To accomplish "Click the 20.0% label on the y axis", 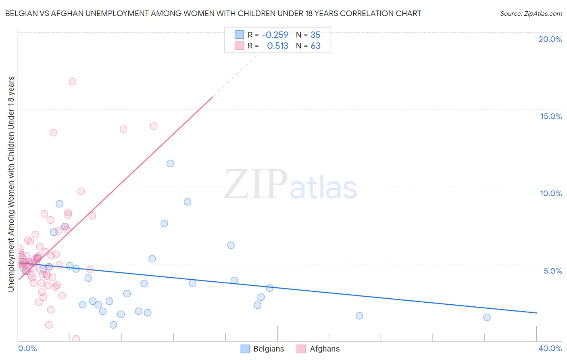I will (550, 39).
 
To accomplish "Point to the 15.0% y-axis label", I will (551, 116).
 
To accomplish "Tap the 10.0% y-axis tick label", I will (551, 193).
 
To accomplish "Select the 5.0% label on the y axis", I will (552, 271).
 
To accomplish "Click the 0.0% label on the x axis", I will (27, 348).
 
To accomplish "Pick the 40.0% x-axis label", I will (550, 348).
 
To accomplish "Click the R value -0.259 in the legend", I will (275, 35).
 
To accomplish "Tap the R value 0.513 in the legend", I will (277, 46).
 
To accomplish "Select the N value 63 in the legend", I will (315, 46).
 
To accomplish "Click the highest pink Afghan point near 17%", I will (73, 82).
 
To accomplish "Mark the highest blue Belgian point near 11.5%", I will (170, 163).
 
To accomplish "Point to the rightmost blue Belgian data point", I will (487, 317).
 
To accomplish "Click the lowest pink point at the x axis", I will (76, 339).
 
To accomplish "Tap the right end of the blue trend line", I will (536, 313).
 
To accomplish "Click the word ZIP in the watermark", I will (255, 185).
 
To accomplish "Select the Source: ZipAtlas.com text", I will (531, 14).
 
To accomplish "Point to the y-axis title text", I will (11, 184).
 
